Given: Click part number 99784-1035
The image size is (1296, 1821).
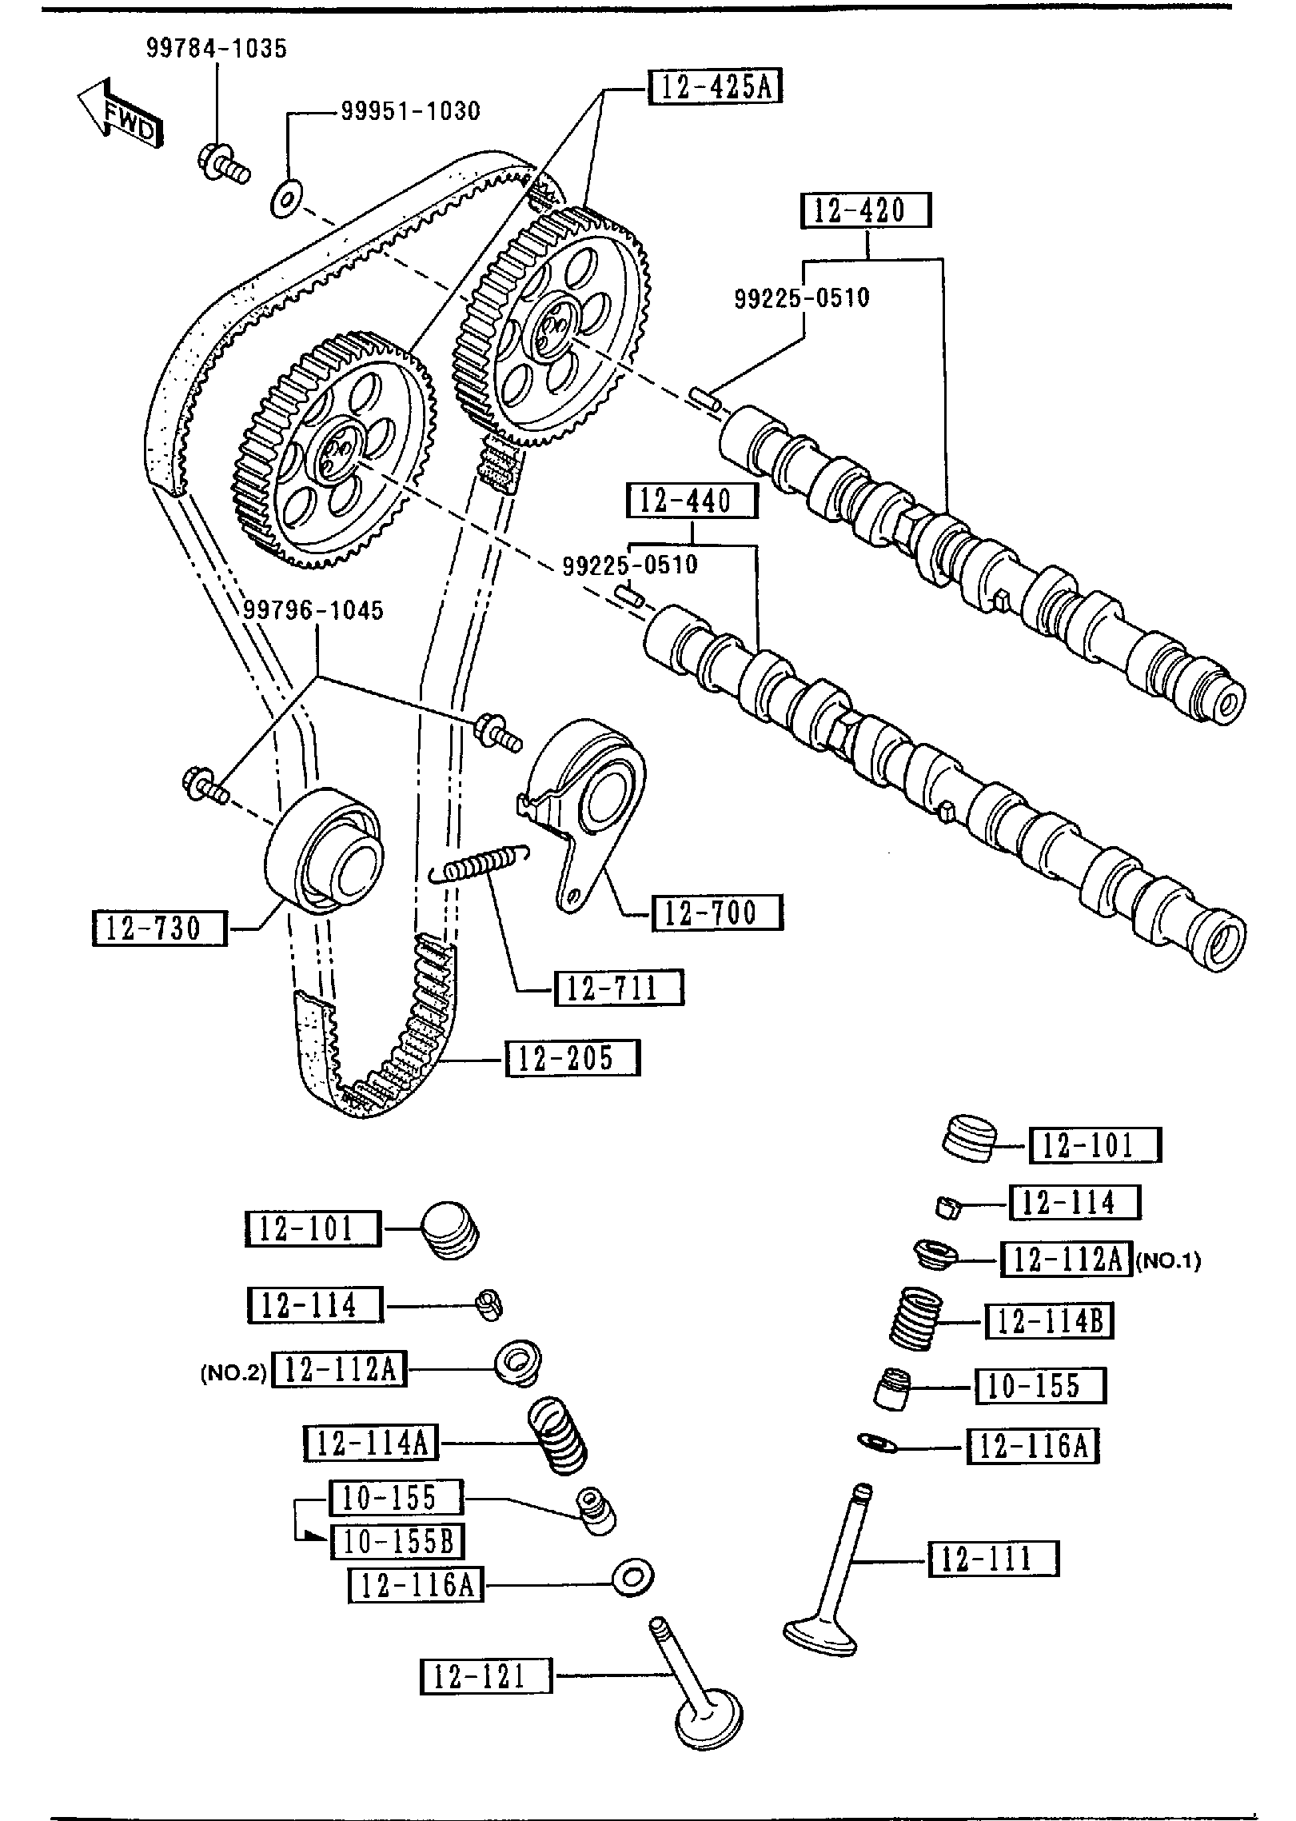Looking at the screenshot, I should click(x=216, y=48).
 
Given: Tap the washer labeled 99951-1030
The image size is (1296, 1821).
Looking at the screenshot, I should click(x=285, y=199).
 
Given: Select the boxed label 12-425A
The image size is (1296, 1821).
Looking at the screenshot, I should click(x=715, y=86).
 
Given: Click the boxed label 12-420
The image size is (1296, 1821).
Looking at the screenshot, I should click(x=867, y=211).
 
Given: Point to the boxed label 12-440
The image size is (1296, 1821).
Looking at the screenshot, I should click(x=692, y=501).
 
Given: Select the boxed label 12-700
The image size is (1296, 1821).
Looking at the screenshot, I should click(x=717, y=912).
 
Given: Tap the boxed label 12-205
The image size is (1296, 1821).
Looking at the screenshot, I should click(x=572, y=1058).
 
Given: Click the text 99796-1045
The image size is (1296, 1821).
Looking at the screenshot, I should click(x=313, y=611).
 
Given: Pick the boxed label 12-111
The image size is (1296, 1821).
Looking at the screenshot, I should click(x=993, y=1559).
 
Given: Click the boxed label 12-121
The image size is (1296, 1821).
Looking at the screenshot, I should click(x=486, y=1677).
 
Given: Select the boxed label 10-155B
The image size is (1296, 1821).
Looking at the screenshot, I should click(x=397, y=1540).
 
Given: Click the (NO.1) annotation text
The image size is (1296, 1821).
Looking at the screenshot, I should click(x=1168, y=1261).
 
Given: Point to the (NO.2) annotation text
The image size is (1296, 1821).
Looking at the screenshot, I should click(x=233, y=1372).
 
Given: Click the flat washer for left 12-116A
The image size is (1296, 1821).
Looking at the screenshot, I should click(x=632, y=1578).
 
